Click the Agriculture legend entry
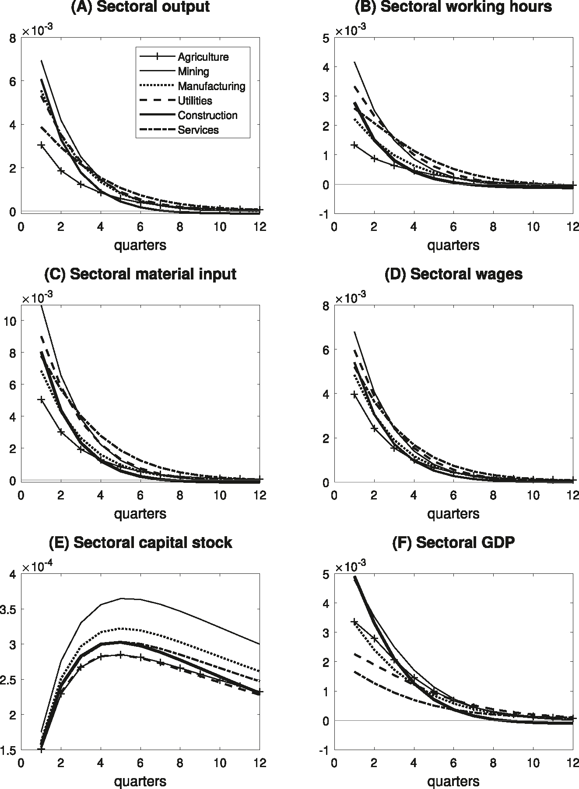pyautogui.click(x=203, y=57)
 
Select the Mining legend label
pyautogui.click(x=193, y=71)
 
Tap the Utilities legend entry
pyautogui.click(x=195, y=101)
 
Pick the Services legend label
pyautogui.click(x=198, y=130)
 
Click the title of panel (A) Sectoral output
pyautogui.click(x=140, y=7)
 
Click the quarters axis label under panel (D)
pyautogui.click(x=453, y=513)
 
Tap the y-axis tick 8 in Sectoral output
pyautogui.click(x=13, y=38)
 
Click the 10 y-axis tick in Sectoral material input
pyautogui.click(x=10, y=321)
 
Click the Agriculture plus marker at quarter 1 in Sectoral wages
pyautogui.click(x=354, y=394)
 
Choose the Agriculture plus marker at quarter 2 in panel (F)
pyautogui.click(x=374, y=639)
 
